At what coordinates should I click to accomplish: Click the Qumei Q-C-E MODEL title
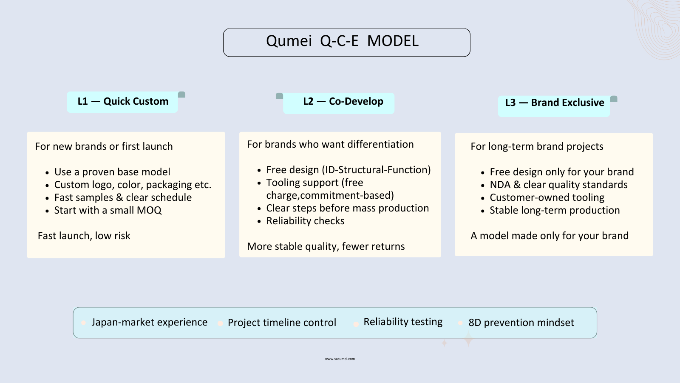tap(343, 41)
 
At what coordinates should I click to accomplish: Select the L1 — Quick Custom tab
tap(123, 102)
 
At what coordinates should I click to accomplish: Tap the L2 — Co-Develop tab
tap(343, 102)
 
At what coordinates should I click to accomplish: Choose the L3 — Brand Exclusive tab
tap(554, 103)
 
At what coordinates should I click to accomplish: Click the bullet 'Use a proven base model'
tap(112, 172)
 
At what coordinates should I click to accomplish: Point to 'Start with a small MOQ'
tap(108, 210)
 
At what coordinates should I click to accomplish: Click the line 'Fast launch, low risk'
tap(84, 236)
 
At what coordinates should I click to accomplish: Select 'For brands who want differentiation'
tap(330, 144)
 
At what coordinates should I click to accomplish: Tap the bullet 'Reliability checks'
tap(305, 221)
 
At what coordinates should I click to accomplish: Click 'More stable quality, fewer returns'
tap(326, 246)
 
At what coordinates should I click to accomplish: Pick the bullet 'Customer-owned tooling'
tap(547, 197)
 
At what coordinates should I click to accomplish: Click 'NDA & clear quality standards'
tap(558, 185)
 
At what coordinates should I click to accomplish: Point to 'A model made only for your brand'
tap(550, 236)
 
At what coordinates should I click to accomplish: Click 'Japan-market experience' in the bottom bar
tap(149, 322)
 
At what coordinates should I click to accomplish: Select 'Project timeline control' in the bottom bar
tap(282, 323)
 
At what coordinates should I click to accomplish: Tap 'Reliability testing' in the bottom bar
tap(403, 322)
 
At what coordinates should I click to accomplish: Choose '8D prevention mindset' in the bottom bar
tap(521, 323)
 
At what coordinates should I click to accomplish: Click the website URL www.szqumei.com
tap(340, 359)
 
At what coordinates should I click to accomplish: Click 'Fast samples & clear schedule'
tap(123, 197)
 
